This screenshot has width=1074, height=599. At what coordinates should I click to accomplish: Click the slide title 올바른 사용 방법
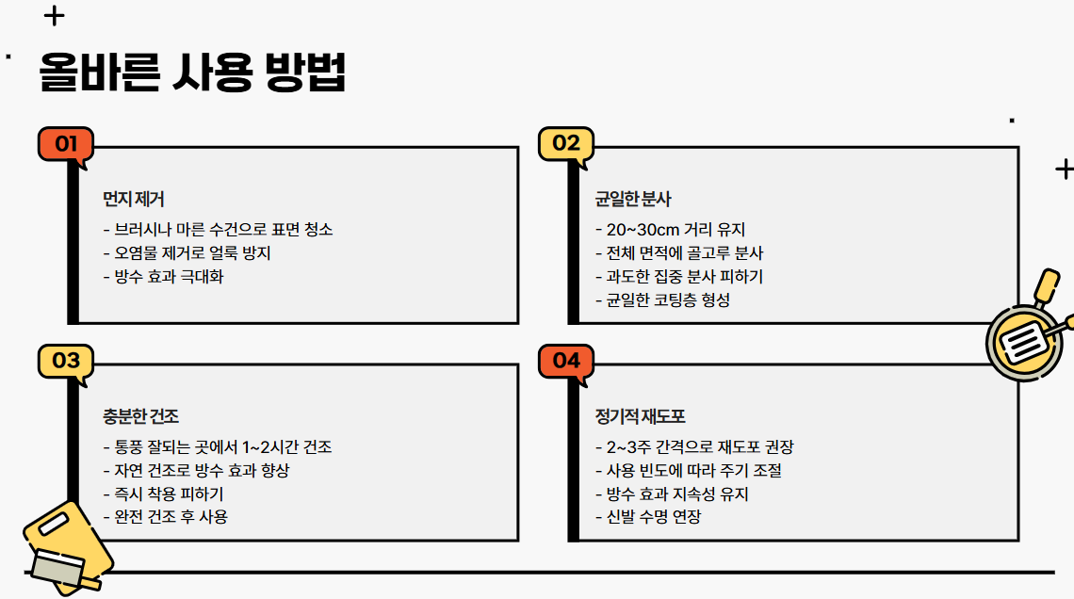pyautogui.click(x=192, y=73)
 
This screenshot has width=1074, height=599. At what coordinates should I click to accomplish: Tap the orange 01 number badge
pyautogui.click(x=65, y=144)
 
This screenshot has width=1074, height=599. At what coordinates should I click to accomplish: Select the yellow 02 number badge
pyautogui.click(x=565, y=144)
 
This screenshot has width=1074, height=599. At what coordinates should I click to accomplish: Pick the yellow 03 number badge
pyautogui.click(x=65, y=361)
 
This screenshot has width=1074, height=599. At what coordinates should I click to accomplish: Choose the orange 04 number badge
pyautogui.click(x=565, y=361)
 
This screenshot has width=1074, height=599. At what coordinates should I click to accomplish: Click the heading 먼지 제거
pyautogui.click(x=134, y=199)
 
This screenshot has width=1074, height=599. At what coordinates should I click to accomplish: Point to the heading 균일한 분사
pyautogui.click(x=633, y=199)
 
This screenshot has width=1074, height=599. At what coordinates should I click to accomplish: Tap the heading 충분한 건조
pyautogui.click(x=141, y=415)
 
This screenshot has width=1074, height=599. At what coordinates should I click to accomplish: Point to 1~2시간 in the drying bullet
pyautogui.click(x=271, y=446)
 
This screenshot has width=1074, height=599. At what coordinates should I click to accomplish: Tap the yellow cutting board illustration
pyautogui.click(x=64, y=546)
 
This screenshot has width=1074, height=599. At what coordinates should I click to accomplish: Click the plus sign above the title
pyautogui.click(x=55, y=16)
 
